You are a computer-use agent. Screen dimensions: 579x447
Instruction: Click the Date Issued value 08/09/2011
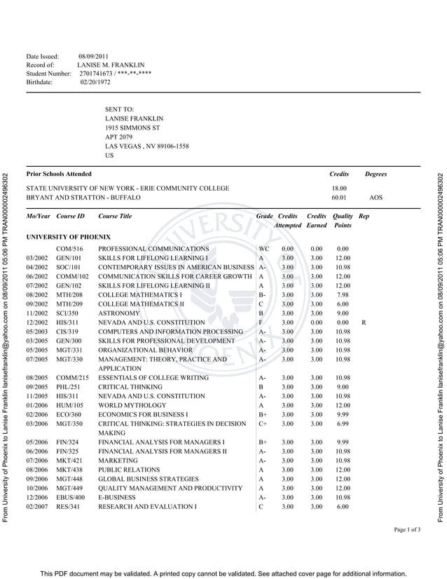tap(93, 55)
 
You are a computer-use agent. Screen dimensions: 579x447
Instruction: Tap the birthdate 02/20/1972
tap(95, 82)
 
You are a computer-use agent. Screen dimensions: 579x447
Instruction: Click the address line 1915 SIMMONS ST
tap(132, 128)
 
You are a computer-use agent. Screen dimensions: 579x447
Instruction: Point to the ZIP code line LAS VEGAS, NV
tap(146, 146)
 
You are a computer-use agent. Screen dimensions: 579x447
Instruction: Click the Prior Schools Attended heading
tap(59, 174)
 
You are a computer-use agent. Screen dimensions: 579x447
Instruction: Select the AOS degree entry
tap(376, 198)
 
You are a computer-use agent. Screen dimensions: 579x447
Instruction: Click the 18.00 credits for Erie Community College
tap(339, 189)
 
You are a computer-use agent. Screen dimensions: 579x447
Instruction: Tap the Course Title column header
tap(115, 216)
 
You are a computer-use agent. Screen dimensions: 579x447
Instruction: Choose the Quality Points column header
tap(343, 221)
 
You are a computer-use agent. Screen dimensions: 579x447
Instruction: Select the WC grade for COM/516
tap(263, 249)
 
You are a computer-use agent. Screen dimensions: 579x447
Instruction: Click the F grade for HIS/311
tap(261, 322)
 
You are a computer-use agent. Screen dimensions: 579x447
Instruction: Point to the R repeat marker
tap(364, 322)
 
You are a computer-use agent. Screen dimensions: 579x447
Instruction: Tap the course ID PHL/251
tap(68, 386)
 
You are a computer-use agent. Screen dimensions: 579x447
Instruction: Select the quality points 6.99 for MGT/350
tap(343, 424)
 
